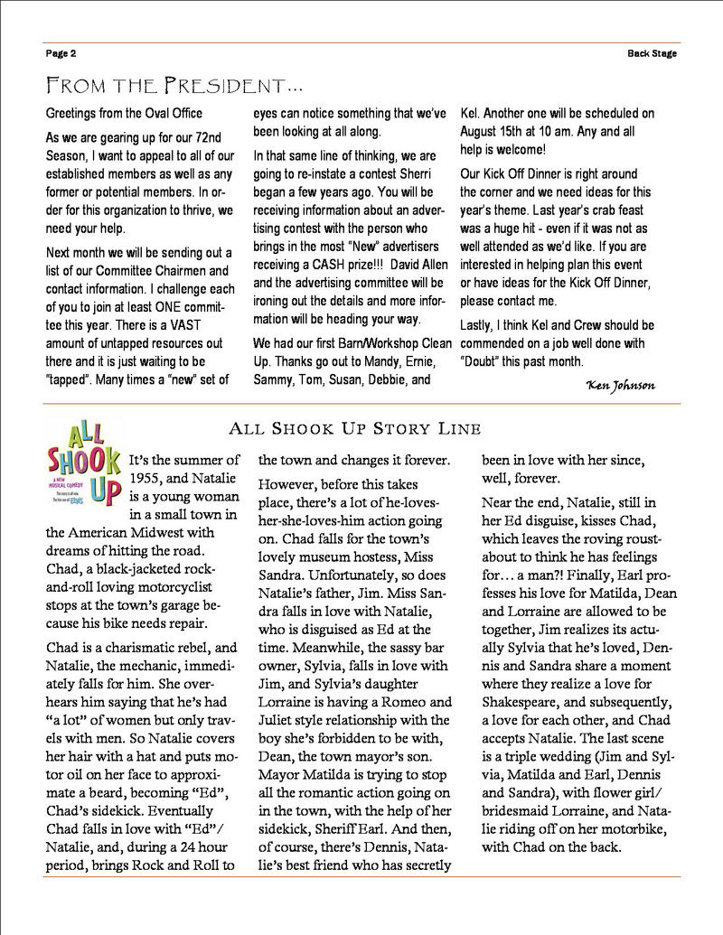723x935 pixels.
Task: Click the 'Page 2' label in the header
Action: coord(61,53)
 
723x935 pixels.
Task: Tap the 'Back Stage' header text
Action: coord(653,53)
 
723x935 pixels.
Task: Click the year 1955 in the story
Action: coord(149,479)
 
